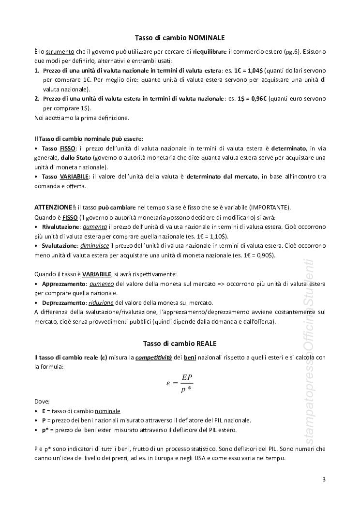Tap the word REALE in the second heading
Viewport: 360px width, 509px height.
coord(207,344)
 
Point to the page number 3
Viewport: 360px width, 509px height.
coord(324,479)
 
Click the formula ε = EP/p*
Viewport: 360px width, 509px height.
coord(180,383)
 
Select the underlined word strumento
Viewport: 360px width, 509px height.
coord(61,51)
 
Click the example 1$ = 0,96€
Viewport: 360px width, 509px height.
coord(252,99)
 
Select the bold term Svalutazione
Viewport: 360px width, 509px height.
coord(59,246)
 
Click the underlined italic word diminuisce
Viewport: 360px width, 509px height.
coord(96,246)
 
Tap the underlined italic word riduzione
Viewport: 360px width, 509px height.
coord(101,302)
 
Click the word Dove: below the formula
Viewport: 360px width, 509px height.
coord(42,401)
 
